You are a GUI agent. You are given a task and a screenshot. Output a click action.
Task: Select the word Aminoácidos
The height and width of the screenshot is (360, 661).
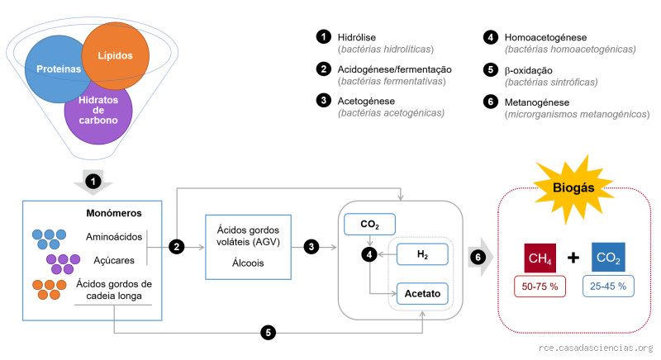coord(113,237)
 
